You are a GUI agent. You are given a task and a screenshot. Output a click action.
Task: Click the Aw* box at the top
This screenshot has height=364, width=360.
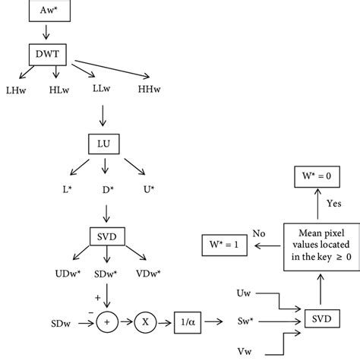pyautogui.click(x=47, y=11)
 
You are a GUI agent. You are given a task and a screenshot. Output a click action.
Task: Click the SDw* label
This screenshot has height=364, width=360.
pyautogui.click(x=107, y=272)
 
